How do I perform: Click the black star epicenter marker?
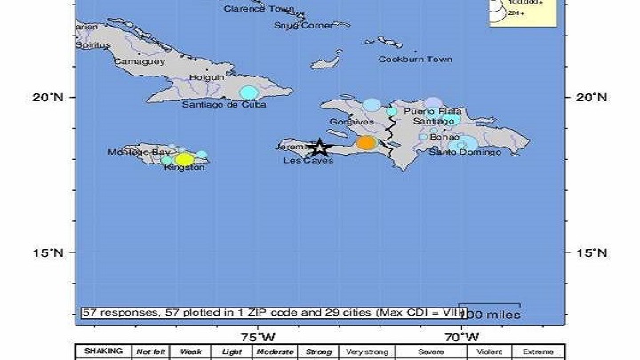point(319,148)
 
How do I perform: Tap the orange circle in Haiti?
point(366,142)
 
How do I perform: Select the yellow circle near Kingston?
point(184,160)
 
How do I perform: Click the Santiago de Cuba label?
point(223,104)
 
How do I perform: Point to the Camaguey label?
point(139,61)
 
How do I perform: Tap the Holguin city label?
point(205,77)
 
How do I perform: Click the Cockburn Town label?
point(416,60)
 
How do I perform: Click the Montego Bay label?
point(139,152)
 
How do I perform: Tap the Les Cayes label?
point(308,161)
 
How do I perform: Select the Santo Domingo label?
point(465,152)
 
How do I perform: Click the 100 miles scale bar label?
point(490,314)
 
